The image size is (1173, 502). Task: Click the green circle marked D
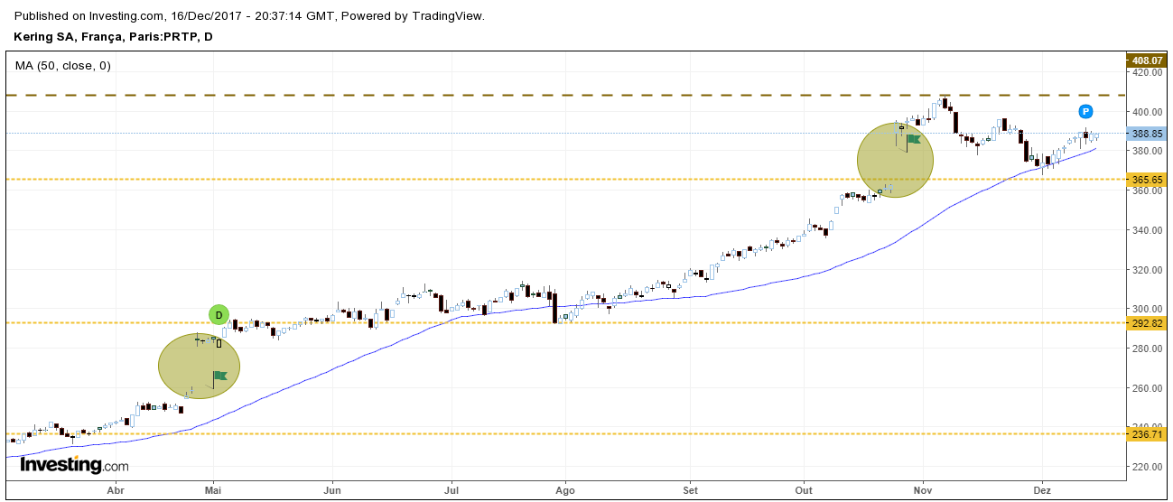click(219, 314)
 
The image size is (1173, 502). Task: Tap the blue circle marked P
click(1085, 112)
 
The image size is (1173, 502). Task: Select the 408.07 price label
click(1146, 60)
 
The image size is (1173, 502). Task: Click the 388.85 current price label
click(1146, 134)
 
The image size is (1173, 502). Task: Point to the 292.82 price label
click(1146, 323)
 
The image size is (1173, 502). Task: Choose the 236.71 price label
click(1146, 434)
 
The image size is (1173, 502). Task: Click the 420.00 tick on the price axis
click(1146, 72)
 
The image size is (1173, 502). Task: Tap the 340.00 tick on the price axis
click(1146, 230)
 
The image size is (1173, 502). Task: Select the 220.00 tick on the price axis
click(1146, 467)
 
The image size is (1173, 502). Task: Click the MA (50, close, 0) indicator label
click(63, 65)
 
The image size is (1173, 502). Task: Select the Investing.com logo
click(74, 465)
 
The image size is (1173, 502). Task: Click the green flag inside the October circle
click(913, 139)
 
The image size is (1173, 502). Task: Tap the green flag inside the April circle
click(219, 376)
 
